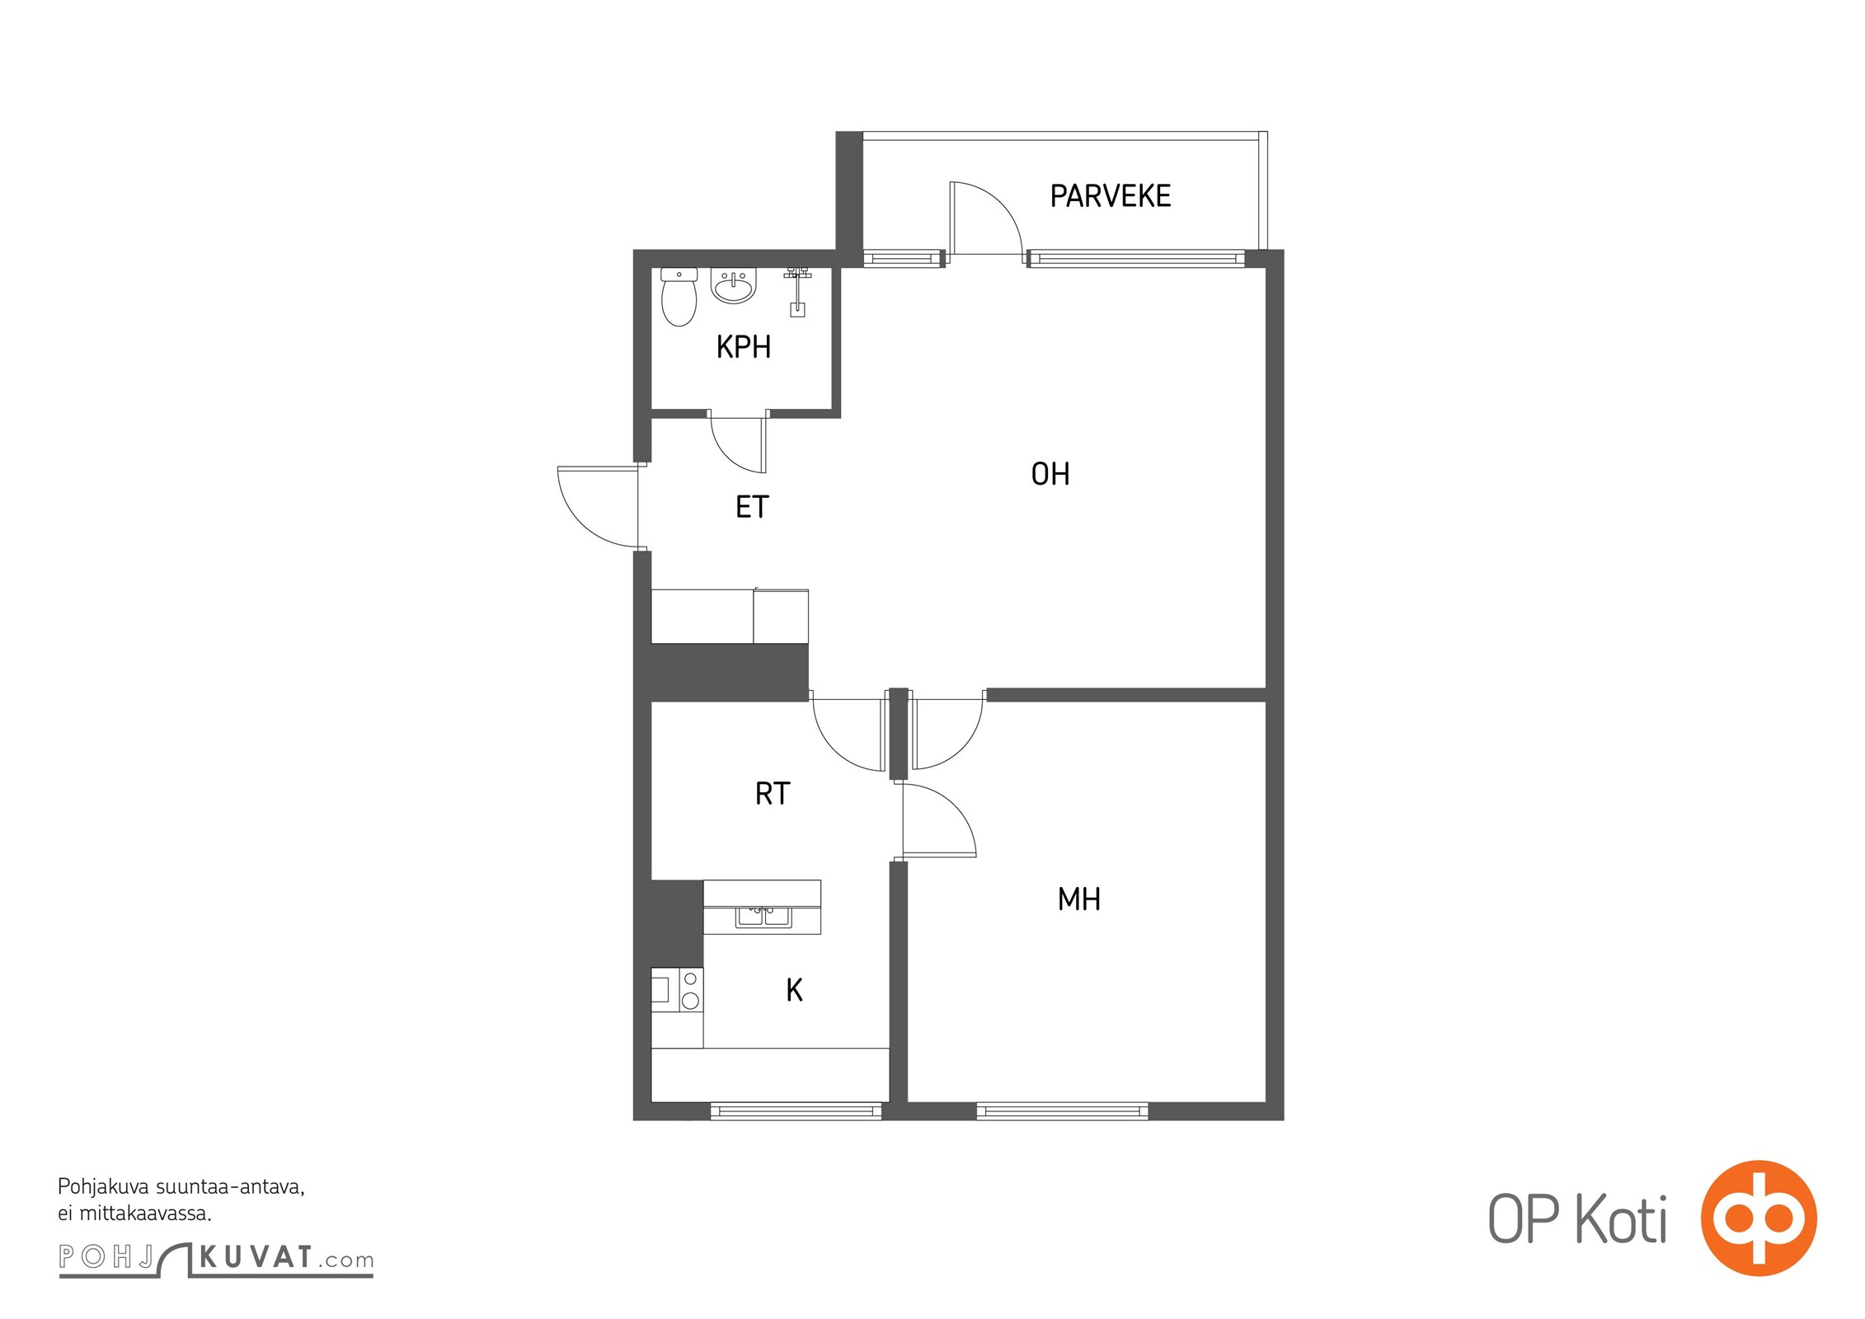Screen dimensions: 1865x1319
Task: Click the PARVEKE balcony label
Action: coord(1110,196)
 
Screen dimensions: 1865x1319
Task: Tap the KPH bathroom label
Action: coord(743,347)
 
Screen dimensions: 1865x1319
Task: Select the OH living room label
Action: coord(1050,474)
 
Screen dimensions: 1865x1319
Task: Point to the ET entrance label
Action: coord(751,507)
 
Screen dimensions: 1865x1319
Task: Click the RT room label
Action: coord(772,794)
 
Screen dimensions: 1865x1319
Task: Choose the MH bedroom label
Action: coord(1078,899)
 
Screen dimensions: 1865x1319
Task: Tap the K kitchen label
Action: coord(794,990)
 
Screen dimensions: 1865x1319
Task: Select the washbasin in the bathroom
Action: coord(733,286)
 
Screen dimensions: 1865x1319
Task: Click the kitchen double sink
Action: coord(763,915)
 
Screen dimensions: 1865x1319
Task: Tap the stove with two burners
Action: coord(677,990)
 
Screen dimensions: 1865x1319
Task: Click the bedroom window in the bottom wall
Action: coord(1062,1112)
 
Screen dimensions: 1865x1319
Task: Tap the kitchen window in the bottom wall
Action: coord(796,1112)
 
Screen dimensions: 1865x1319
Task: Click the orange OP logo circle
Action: coord(1759,1218)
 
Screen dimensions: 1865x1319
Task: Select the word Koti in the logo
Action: coord(1622,1218)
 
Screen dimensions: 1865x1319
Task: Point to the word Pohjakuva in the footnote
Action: coord(104,1188)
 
